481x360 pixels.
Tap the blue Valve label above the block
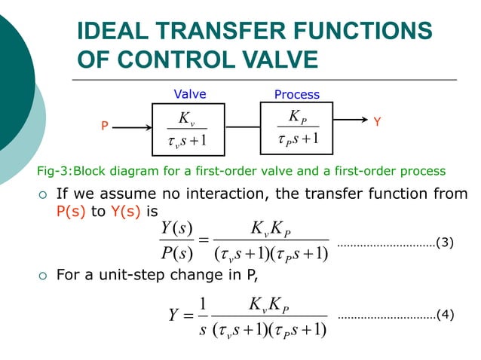(x=190, y=94)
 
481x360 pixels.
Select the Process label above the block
(x=297, y=95)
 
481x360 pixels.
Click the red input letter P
(x=105, y=128)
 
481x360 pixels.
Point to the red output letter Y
(x=377, y=121)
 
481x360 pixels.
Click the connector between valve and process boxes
(x=243, y=128)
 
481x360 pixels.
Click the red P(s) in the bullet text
(x=73, y=211)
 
